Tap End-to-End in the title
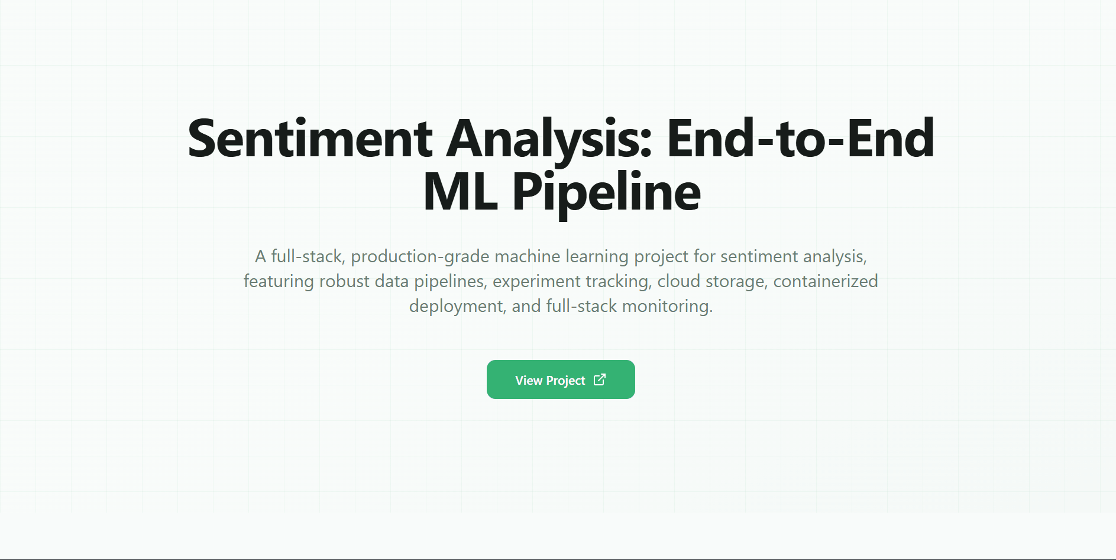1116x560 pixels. (800, 139)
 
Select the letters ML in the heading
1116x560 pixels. (460, 192)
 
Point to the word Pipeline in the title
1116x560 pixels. (606, 192)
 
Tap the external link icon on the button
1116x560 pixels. (600, 379)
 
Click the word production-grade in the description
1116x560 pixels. (420, 256)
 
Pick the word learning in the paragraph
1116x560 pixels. (597, 256)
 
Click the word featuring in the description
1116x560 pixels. (279, 281)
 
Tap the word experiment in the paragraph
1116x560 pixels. (528, 281)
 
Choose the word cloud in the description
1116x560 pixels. (678, 281)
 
